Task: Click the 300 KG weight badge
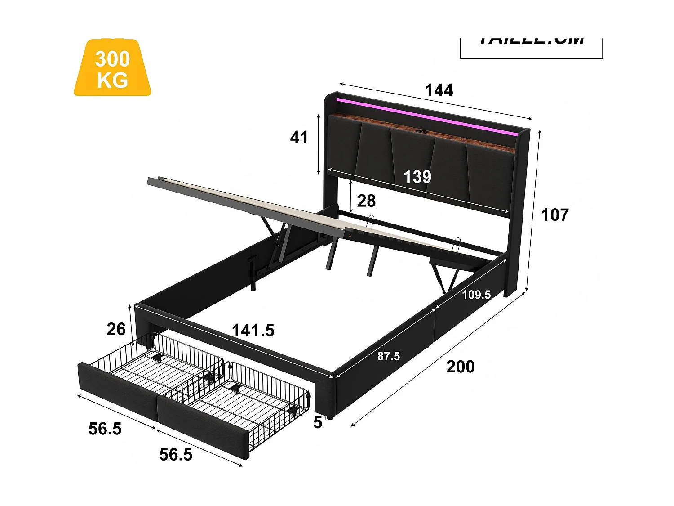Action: click(x=112, y=68)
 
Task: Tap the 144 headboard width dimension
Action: click(x=439, y=90)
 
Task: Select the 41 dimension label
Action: click(x=299, y=137)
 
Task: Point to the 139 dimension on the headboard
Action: click(x=417, y=177)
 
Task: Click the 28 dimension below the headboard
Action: click(x=366, y=201)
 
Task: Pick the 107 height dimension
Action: click(x=555, y=215)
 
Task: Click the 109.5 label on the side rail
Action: click(x=476, y=295)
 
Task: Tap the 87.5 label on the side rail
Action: click(x=389, y=357)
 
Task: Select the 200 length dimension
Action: click(x=460, y=367)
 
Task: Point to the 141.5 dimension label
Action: click(x=253, y=331)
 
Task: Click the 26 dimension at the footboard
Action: click(x=116, y=330)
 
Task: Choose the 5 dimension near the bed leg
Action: click(x=318, y=423)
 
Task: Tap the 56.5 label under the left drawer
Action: click(x=105, y=429)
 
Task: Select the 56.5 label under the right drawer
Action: click(x=176, y=455)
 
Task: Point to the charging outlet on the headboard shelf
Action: click(x=422, y=131)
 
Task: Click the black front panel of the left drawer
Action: click(x=118, y=389)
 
